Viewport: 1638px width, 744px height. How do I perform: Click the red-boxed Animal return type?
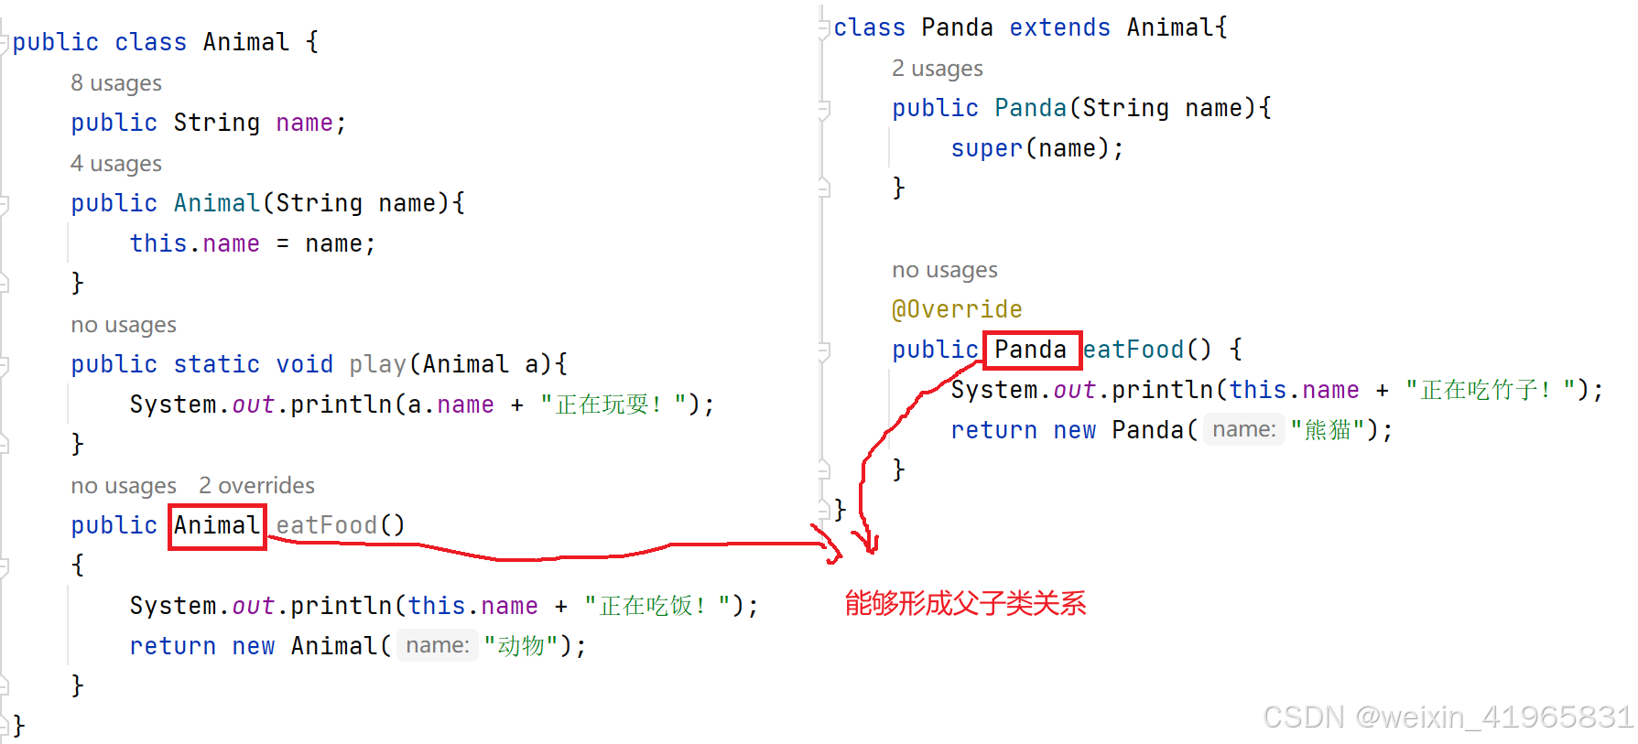[x=217, y=526]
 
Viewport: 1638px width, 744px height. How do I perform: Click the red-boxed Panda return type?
[x=1031, y=350]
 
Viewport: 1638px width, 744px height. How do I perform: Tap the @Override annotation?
[x=957, y=309]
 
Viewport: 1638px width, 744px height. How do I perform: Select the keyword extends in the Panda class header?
[x=1059, y=27]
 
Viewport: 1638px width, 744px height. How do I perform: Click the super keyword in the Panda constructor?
[x=986, y=148]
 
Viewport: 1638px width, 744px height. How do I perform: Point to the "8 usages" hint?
[x=116, y=83]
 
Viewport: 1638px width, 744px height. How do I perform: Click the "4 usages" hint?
[x=116, y=164]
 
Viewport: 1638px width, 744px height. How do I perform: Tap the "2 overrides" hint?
[x=256, y=485]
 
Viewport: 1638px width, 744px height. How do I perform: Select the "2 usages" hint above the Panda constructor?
[x=938, y=69]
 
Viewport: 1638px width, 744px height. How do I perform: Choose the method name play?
[x=377, y=364]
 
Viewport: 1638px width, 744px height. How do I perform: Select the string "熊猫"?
[x=1328, y=430]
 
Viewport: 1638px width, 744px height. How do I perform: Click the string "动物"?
[x=521, y=646]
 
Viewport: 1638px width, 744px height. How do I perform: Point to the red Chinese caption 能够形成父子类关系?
[x=965, y=603]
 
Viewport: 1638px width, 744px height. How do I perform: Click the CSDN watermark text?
[x=1448, y=717]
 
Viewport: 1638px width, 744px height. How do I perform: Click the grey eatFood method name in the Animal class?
[x=327, y=525]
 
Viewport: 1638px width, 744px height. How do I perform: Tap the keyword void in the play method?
[x=304, y=364]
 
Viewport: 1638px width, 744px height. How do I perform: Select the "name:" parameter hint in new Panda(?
[x=1243, y=429]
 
